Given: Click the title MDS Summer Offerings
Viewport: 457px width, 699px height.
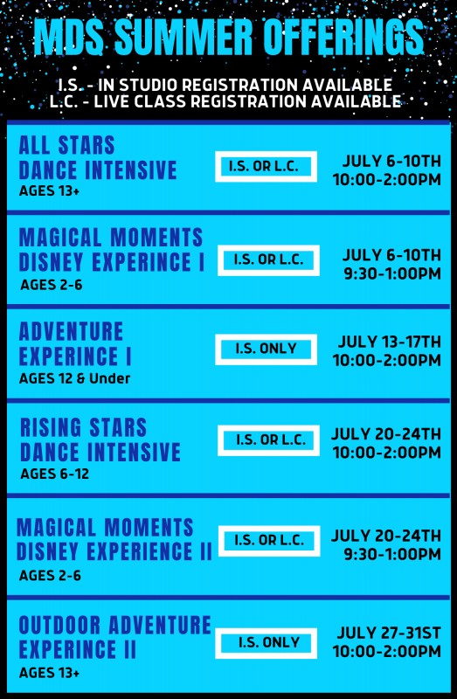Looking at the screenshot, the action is (229, 37).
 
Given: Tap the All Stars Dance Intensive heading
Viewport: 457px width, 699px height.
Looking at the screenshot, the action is (98, 158).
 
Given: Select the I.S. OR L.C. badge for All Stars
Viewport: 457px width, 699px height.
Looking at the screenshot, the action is (267, 166).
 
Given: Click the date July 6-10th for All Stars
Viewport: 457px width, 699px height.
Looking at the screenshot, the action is (391, 161).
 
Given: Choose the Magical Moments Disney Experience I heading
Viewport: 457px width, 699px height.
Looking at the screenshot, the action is (112, 250).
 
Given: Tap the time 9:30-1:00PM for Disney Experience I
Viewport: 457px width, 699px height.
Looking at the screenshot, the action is (392, 273).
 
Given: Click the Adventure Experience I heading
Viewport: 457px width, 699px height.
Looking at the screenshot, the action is (75, 343).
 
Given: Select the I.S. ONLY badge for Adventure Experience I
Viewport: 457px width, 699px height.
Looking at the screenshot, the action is (267, 349).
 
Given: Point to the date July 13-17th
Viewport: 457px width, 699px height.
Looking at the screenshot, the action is (389, 342).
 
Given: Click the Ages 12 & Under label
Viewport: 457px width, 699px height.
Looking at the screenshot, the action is (75, 378).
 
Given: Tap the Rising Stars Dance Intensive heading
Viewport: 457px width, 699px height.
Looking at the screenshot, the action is (100, 440).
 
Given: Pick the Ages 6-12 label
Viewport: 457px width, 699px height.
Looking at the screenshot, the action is (54, 474).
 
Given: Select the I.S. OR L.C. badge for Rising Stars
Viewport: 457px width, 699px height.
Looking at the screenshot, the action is (269, 440).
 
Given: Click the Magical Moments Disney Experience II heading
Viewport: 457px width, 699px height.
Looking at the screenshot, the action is (114, 539).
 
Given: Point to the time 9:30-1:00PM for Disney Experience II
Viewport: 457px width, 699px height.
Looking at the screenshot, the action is (392, 554).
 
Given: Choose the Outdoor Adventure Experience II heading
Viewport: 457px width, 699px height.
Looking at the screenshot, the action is (114, 638).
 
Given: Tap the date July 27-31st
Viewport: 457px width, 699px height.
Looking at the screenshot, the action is (389, 633).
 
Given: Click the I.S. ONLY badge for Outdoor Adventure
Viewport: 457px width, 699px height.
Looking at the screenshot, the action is (267, 643).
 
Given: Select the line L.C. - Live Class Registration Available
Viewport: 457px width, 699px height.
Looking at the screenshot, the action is (225, 101).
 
